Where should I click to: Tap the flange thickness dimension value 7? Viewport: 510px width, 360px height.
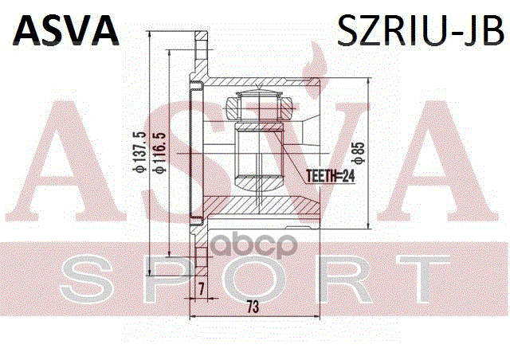coord(201,288)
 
